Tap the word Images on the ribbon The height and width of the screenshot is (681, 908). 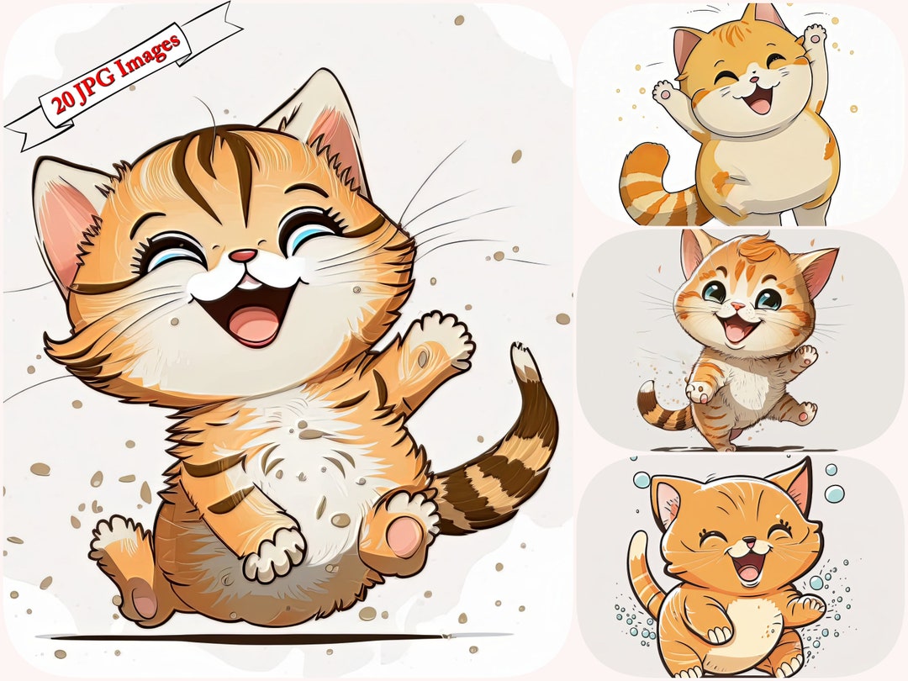tap(150, 52)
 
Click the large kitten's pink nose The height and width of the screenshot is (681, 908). tap(245, 256)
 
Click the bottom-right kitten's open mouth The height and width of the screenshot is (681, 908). tap(747, 570)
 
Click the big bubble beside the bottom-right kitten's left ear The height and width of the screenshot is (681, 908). tap(641, 479)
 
